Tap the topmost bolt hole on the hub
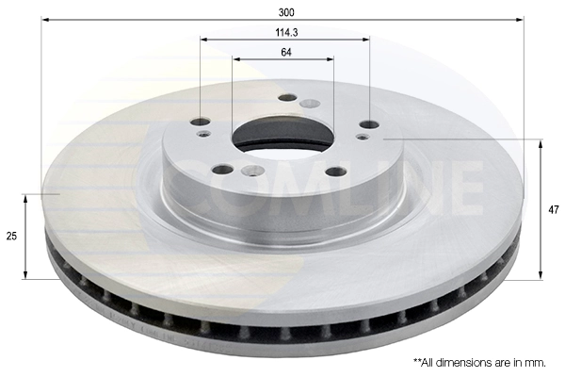pos(288,97)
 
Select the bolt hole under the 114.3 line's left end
pos(201,122)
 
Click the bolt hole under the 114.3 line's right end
pos(369,124)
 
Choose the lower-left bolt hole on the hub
pos(223,170)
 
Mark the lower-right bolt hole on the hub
pos(335,172)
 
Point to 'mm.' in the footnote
pos(538,362)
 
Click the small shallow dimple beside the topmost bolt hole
pos(309,103)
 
